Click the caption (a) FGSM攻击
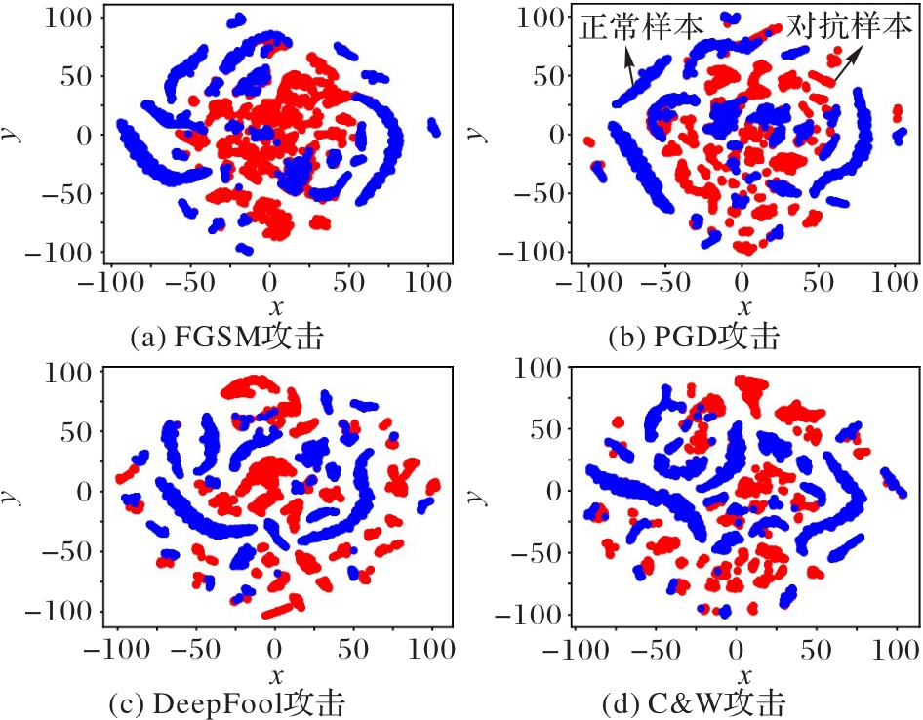point(227,339)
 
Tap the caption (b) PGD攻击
point(694,339)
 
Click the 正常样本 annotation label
point(641,26)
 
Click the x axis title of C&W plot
point(743,675)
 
